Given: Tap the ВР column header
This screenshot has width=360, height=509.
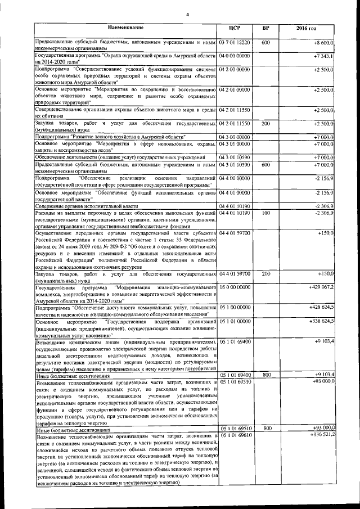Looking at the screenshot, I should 267,28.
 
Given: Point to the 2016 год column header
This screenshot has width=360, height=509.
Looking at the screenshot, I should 307,28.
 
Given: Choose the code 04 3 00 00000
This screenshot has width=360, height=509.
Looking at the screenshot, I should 235,137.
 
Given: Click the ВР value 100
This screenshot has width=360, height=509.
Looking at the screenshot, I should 267,213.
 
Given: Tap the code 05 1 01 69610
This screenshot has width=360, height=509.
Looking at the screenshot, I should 235,434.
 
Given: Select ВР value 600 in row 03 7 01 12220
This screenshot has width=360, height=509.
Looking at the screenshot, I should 267,43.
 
